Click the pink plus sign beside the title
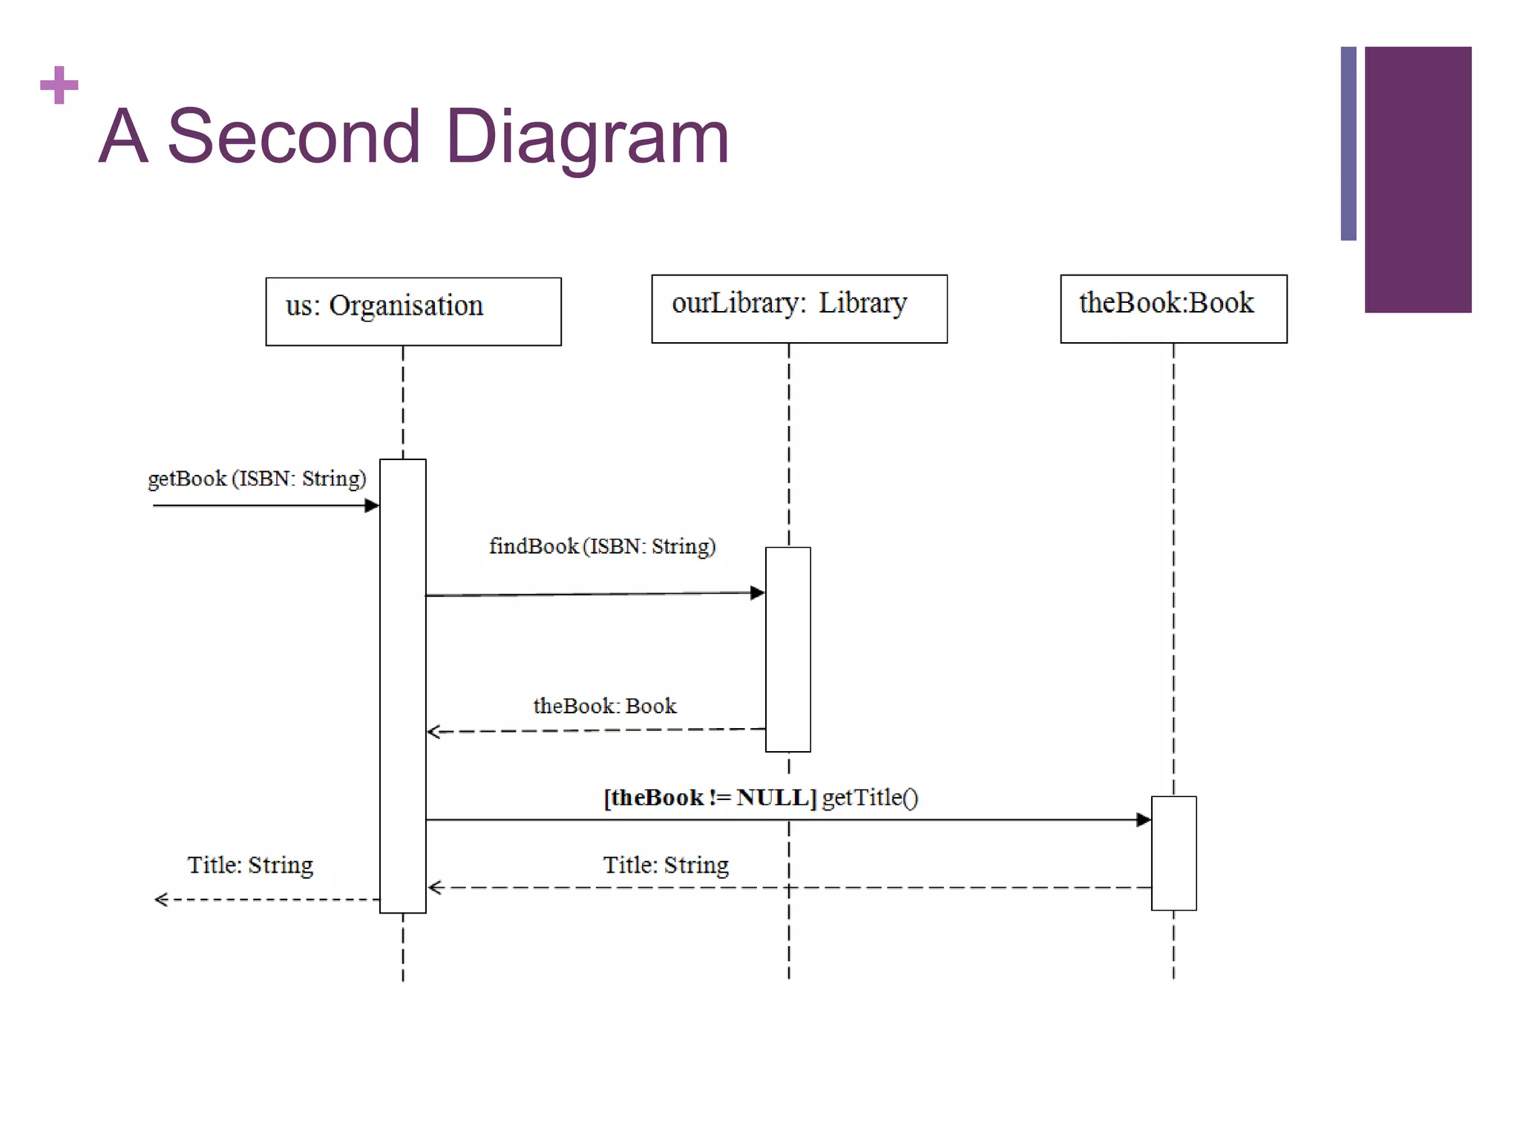pyautogui.click(x=59, y=85)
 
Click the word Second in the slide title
pyautogui.click(x=293, y=137)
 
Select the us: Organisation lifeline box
pyautogui.click(x=413, y=311)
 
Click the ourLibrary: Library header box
pyautogui.click(x=799, y=309)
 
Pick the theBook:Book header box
pyautogui.click(x=1173, y=309)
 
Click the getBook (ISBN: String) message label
pyautogui.click(x=257, y=479)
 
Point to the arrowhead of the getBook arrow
pyautogui.click(x=373, y=505)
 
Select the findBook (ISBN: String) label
pyautogui.click(x=602, y=546)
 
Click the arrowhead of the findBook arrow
pyautogui.click(x=758, y=592)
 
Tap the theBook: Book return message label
pyautogui.click(x=604, y=706)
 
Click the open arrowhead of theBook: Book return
pyautogui.click(x=434, y=732)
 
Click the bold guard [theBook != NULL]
pyautogui.click(x=709, y=797)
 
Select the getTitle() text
pyautogui.click(x=870, y=797)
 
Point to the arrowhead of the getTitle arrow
pyautogui.click(x=1144, y=819)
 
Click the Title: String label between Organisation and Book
pyautogui.click(x=666, y=865)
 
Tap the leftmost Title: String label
pyautogui.click(x=250, y=865)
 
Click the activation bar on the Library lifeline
pyautogui.click(x=787, y=649)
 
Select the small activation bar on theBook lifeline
pyautogui.click(x=1173, y=853)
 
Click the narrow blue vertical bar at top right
pyautogui.click(x=1348, y=143)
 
